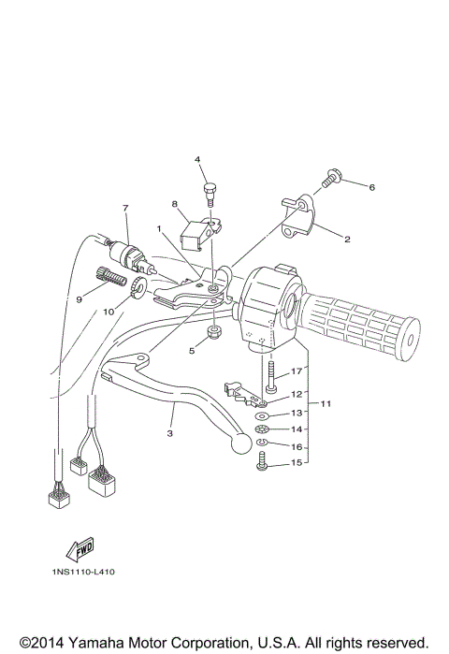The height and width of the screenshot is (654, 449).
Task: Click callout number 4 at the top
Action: coord(198,160)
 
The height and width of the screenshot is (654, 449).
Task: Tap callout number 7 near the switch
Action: coord(124,207)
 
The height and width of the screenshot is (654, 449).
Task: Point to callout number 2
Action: coord(347,240)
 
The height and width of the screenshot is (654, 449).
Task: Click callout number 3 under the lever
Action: coord(170,434)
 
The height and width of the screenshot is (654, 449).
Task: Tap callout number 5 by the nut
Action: coord(192,352)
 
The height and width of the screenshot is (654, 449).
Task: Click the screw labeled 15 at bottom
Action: coord(262,461)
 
